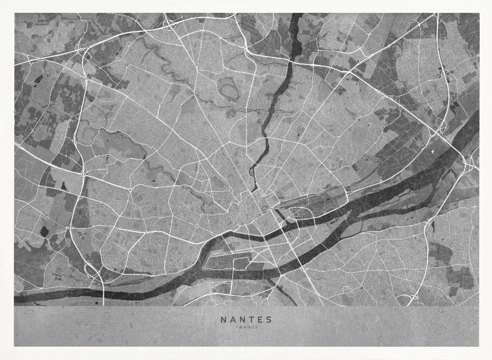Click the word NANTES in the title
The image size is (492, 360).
click(x=246, y=319)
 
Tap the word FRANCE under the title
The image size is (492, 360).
click(x=246, y=327)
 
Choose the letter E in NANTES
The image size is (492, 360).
click(x=260, y=319)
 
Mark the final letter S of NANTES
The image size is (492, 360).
click(x=269, y=319)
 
